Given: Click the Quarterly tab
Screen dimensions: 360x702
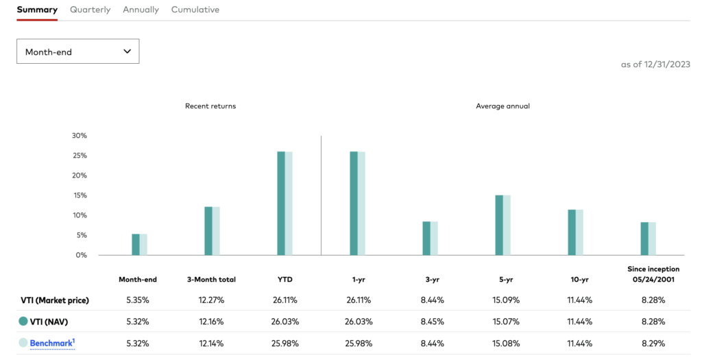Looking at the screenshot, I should pos(90,10).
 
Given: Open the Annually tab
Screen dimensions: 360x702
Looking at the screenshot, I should pos(141,10).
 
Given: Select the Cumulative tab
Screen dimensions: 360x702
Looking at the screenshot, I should pos(195,10).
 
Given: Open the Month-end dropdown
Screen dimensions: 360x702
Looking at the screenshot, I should pos(77,51).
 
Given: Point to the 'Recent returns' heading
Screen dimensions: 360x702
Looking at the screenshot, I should pos(210,106).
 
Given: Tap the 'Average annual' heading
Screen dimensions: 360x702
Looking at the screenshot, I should pos(503,106).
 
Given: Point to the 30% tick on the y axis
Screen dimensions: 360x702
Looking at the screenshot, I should pos(80,136).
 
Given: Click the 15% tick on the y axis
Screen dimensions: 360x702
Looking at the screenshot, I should pos(80,195).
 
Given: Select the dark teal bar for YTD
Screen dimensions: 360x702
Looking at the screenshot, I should pos(280,204).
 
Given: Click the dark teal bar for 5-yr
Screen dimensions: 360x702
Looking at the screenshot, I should pos(499,225).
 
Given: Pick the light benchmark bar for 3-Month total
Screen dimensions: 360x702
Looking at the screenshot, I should pos(216,231).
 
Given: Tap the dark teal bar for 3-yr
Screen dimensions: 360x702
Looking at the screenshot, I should pos(426,238).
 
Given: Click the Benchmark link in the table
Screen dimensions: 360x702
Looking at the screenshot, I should pos(51,342).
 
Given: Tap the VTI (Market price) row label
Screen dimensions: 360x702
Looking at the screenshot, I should pos(53,300).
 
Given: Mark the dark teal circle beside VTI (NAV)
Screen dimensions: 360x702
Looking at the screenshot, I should pos(23,321).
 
